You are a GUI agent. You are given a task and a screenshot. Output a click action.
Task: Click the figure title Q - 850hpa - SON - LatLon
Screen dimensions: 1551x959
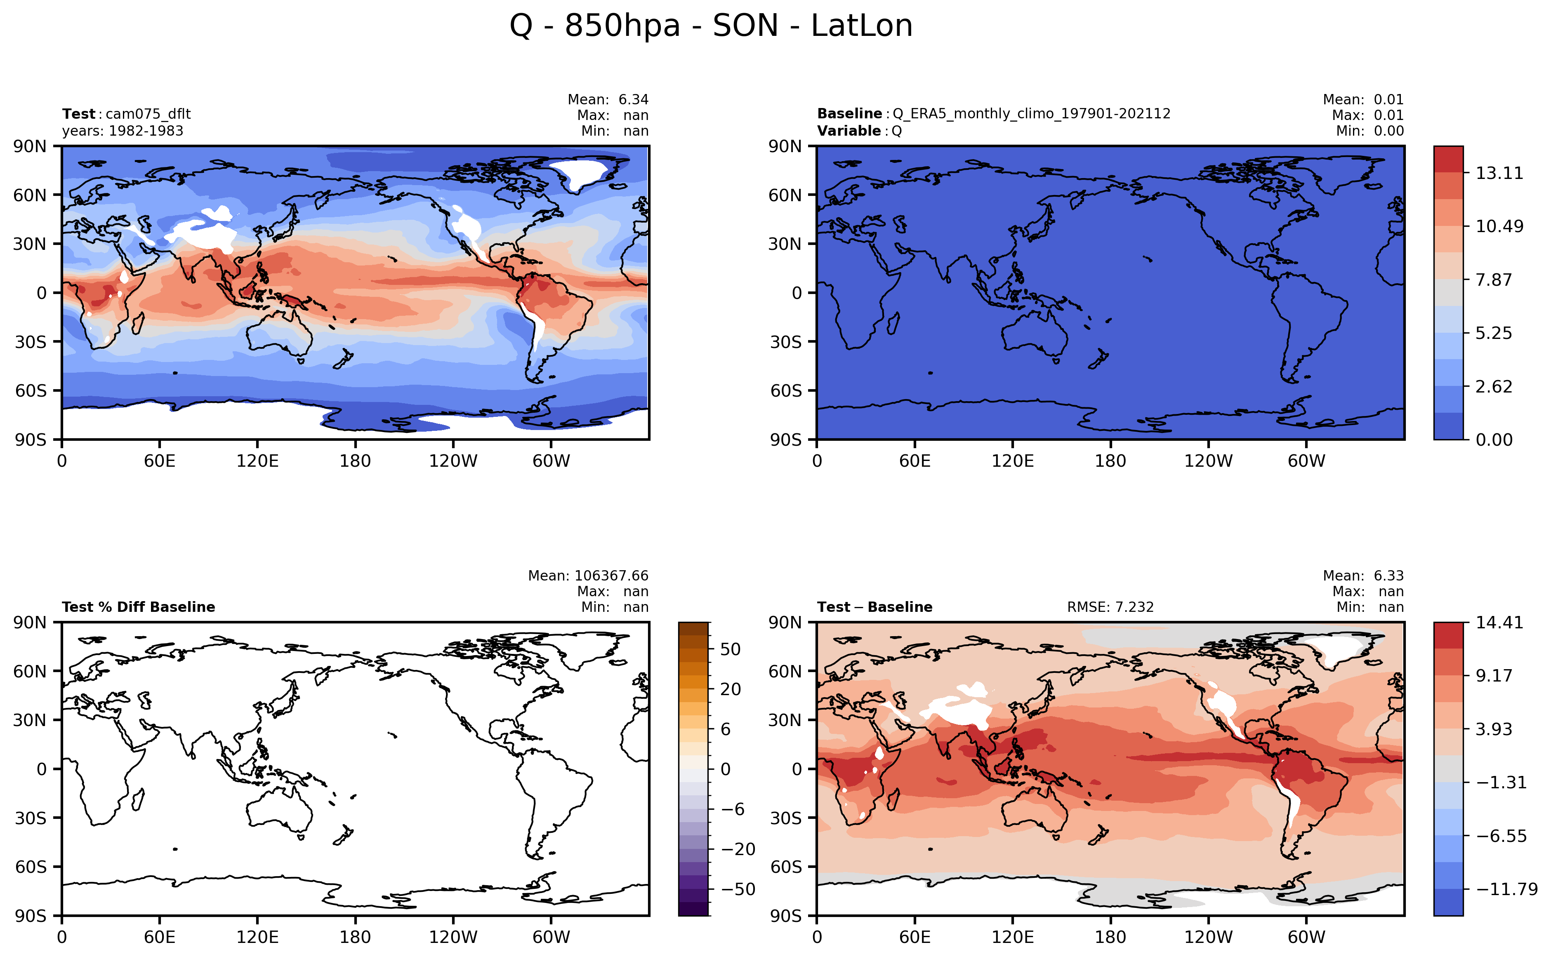click(711, 26)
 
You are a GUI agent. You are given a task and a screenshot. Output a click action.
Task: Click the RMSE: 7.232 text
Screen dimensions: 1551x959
click(1110, 607)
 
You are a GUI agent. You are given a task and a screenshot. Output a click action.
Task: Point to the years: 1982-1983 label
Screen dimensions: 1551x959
click(123, 131)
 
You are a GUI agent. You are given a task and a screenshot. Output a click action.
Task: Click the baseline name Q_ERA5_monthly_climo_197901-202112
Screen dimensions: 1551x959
click(1031, 114)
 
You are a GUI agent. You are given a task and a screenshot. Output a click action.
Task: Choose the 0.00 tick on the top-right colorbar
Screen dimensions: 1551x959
click(1494, 440)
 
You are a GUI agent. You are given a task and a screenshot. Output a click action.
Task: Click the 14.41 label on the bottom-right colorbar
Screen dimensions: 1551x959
click(1499, 622)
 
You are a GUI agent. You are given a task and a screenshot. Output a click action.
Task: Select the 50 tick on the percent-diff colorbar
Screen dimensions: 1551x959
click(731, 649)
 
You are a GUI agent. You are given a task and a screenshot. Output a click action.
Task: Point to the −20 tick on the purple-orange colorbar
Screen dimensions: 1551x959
click(738, 849)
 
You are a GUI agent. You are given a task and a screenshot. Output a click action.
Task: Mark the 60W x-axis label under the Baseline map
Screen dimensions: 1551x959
click(1306, 461)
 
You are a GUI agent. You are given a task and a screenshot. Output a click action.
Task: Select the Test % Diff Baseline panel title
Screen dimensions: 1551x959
click(138, 607)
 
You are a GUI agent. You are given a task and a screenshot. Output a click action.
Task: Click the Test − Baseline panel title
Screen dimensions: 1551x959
click(874, 607)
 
